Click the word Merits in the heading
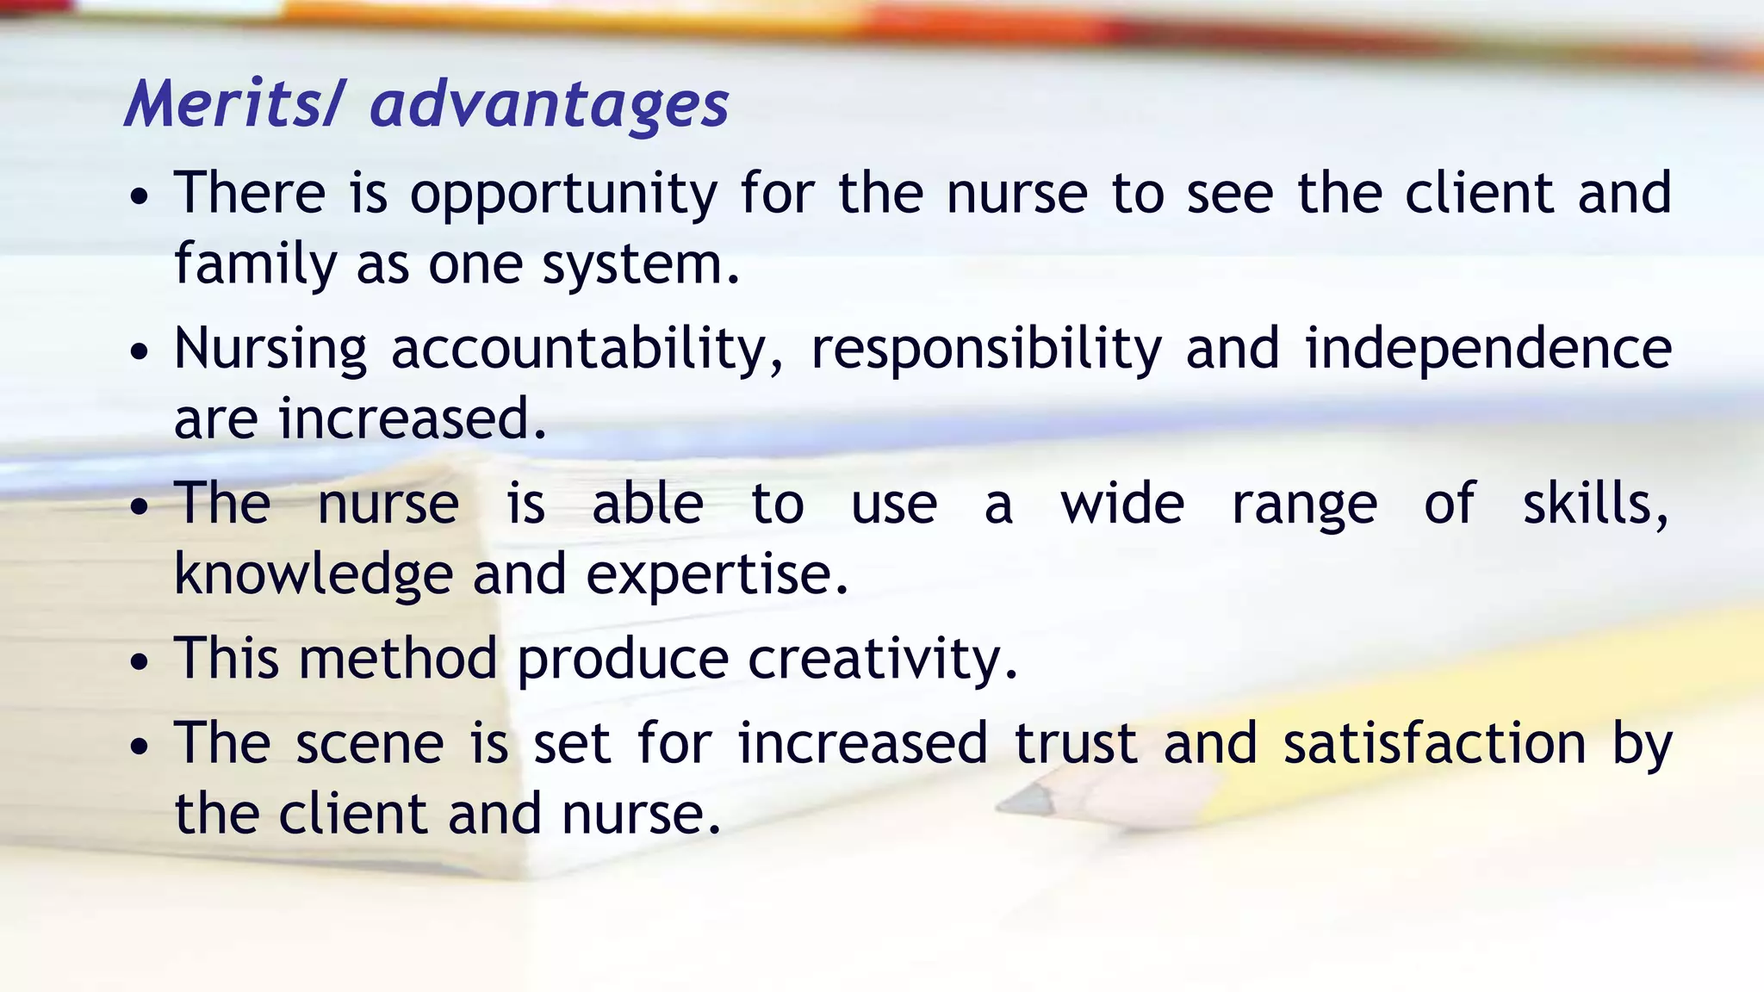click(x=226, y=104)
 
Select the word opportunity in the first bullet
click(x=563, y=195)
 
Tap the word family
click(x=255, y=264)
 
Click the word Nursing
click(x=270, y=350)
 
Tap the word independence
click(x=1488, y=349)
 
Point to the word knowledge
click(x=314, y=574)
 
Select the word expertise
click(x=717, y=574)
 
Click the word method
click(x=398, y=659)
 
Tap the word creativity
click(x=883, y=660)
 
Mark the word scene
click(x=370, y=743)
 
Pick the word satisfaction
click(x=1434, y=743)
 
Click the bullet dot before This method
click(x=139, y=664)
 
